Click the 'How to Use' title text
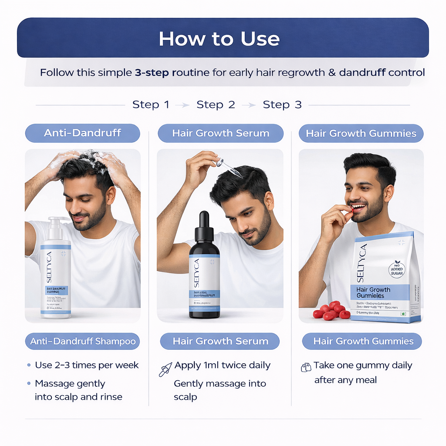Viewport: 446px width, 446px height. [219, 39]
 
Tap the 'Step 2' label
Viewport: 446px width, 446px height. [216, 105]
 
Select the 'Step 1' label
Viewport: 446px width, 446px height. [151, 105]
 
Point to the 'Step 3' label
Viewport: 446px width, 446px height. [282, 105]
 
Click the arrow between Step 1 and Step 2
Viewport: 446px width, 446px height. [185, 105]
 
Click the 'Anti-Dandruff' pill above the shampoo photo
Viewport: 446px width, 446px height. [82, 133]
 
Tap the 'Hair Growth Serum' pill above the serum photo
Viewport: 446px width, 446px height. [220, 133]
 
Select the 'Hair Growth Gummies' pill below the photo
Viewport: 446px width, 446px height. [362, 341]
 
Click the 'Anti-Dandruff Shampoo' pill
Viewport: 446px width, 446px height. [83, 341]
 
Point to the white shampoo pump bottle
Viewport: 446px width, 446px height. [56, 274]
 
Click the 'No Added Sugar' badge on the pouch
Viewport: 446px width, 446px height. [397, 269]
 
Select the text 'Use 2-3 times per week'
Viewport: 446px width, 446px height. [87, 365]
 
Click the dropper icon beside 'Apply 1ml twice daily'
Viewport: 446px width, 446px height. [165, 369]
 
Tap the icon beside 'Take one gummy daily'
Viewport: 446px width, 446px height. [306, 367]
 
